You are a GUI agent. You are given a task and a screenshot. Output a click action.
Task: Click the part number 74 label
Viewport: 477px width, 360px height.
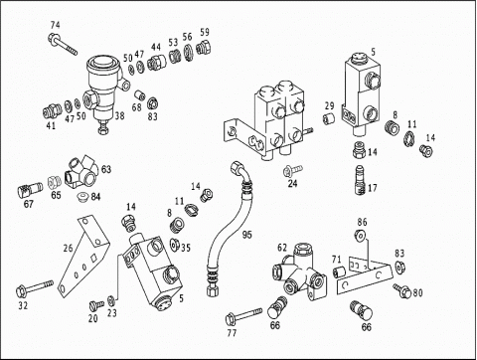[x=56, y=25]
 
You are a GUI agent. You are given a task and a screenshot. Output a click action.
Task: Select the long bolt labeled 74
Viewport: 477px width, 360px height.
[x=63, y=44]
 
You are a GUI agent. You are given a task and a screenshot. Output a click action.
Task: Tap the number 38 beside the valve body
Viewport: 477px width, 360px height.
[x=119, y=115]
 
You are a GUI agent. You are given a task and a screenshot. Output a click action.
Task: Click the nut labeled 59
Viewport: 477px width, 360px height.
[x=204, y=47]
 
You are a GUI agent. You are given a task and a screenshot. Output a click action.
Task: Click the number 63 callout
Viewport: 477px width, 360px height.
[x=106, y=169]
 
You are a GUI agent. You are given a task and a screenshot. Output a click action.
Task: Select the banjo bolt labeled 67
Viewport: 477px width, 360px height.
[x=30, y=189]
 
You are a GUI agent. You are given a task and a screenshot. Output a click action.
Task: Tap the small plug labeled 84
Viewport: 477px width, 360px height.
[x=81, y=197]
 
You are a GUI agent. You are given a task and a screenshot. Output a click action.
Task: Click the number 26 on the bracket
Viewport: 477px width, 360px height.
[x=68, y=248]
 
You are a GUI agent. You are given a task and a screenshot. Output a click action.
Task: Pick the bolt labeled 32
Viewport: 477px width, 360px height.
[x=35, y=288]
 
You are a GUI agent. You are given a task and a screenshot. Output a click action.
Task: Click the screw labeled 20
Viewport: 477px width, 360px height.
[x=96, y=304]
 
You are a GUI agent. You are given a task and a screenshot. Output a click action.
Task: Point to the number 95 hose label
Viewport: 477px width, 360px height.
[x=247, y=235]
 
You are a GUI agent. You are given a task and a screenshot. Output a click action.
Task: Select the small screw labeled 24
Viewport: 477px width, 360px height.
[x=292, y=170]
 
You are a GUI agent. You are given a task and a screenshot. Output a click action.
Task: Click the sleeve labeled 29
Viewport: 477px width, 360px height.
[x=328, y=118]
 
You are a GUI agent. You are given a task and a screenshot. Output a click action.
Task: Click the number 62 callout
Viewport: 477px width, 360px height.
[x=282, y=248]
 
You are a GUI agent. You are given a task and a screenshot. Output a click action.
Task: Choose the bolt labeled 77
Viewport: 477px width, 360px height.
[x=243, y=316]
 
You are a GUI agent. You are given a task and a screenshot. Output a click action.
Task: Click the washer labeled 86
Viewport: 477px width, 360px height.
[x=361, y=235]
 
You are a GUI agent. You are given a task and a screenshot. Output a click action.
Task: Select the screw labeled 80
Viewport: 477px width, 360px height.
[x=402, y=290]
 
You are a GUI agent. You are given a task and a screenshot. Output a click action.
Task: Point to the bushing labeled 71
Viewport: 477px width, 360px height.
[x=339, y=271]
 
